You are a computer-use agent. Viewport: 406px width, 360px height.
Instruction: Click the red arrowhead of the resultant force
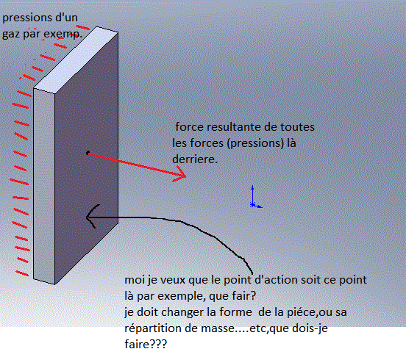pos(181,175)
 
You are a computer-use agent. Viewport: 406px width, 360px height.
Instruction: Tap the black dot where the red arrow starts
pos(88,153)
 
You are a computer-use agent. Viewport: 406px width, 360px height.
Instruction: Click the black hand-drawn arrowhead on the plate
pos(91,217)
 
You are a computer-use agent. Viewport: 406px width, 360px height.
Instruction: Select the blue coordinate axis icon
pos(255,197)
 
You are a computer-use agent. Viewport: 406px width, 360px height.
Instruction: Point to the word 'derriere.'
pos(195,159)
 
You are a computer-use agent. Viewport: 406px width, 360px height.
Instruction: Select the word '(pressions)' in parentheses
pos(255,143)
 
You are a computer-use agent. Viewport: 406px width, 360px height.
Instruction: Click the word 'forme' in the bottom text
pos(235,312)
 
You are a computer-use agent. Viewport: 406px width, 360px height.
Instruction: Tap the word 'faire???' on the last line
pos(146,345)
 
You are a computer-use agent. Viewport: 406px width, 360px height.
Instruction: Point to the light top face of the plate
pos(76,60)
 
